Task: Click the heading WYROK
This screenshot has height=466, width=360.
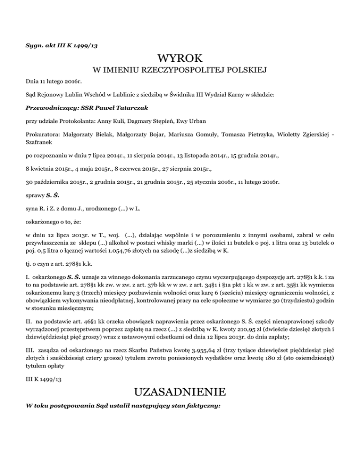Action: coord(180,59)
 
